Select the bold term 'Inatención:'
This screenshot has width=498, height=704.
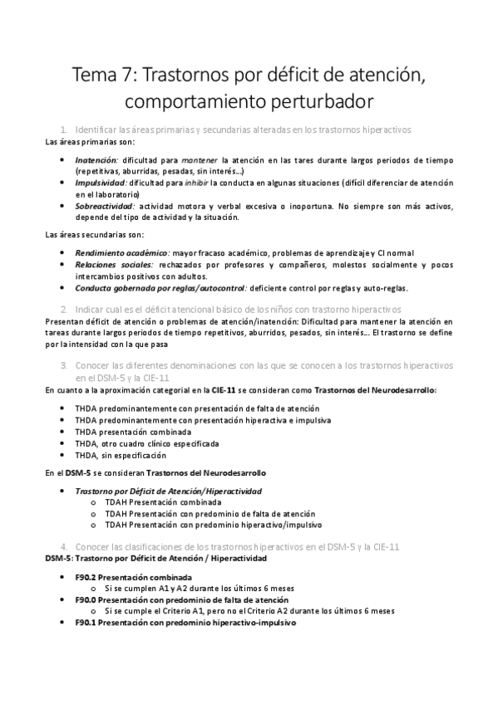click(x=97, y=158)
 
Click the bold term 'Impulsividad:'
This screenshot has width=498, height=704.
click(x=101, y=182)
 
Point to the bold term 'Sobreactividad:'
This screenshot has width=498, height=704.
click(x=105, y=206)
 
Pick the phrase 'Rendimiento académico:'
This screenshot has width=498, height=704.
click(x=121, y=252)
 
